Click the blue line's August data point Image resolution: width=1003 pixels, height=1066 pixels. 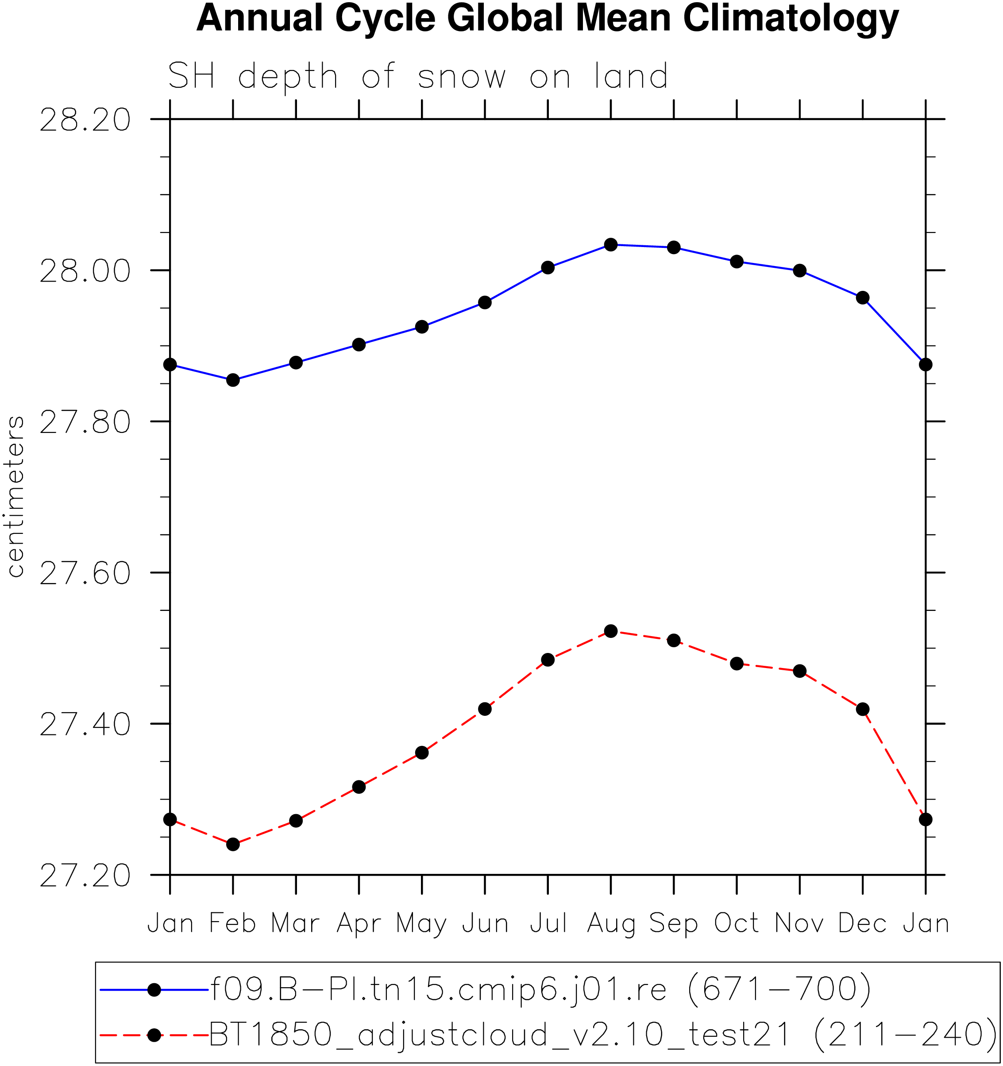tap(610, 244)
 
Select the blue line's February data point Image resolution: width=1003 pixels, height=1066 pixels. tap(233, 380)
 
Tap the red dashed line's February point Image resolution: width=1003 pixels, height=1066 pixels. tap(233, 844)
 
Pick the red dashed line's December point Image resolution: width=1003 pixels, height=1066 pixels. tap(863, 709)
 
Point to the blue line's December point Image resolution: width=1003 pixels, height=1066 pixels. tap(863, 297)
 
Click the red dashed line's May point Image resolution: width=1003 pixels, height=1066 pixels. tap(422, 752)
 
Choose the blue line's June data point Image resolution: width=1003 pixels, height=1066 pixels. tap(485, 302)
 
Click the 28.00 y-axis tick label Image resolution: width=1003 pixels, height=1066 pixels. tap(85, 271)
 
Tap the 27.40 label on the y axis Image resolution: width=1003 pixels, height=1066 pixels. tap(85, 724)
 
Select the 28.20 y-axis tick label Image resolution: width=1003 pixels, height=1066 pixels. tap(85, 120)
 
